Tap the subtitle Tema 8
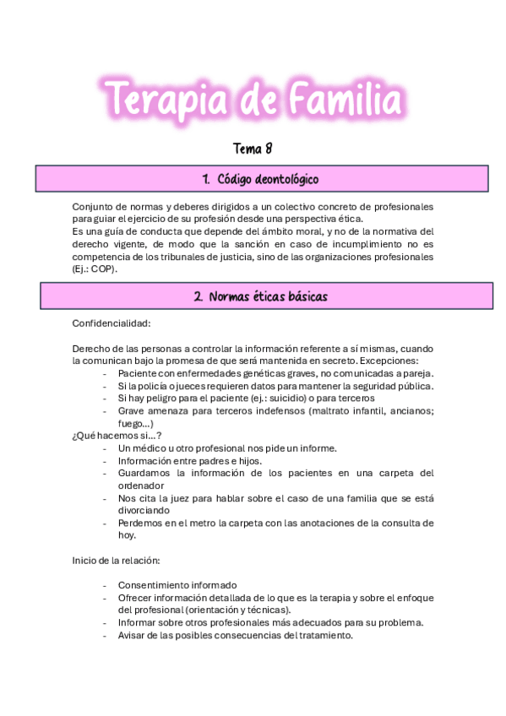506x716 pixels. (x=253, y=149)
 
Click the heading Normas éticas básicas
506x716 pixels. (x=260, y=296)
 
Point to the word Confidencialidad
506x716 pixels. (x=112, y=323)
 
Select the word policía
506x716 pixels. (x=147, y=386)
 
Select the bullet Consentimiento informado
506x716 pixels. (x=177, y=585)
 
